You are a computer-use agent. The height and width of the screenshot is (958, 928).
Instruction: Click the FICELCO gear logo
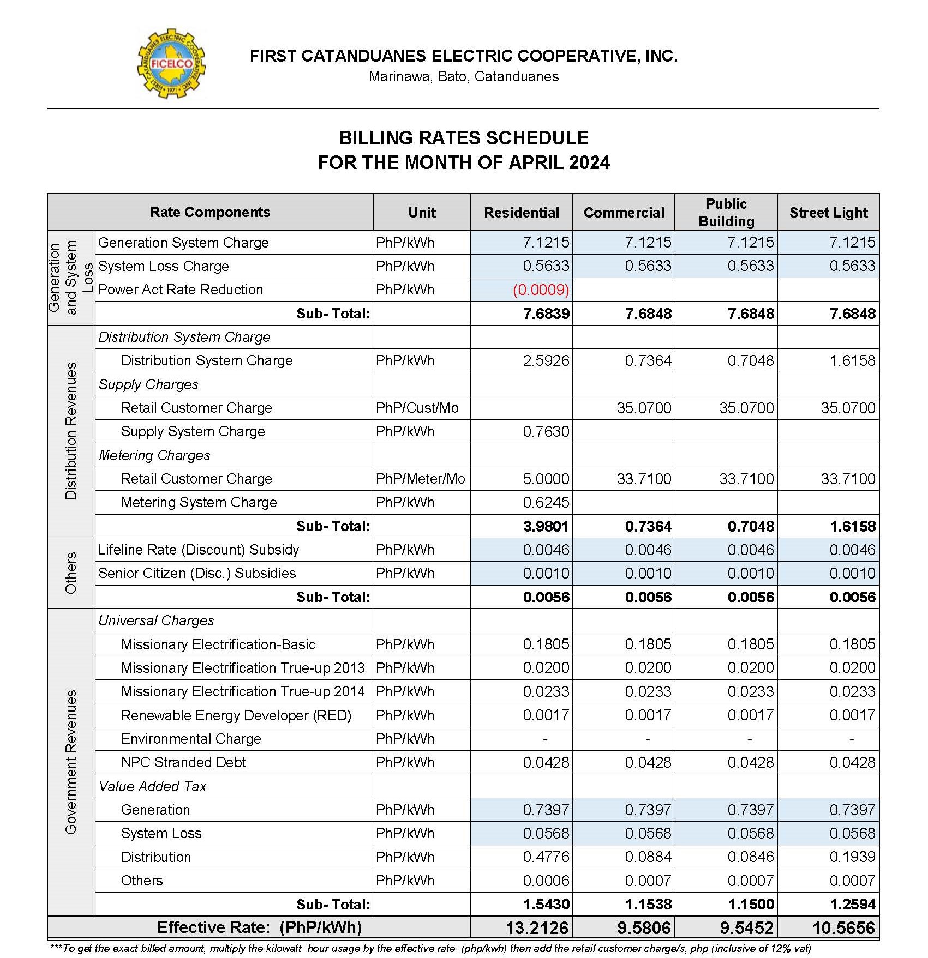pyautogui.click(x=171, y=64)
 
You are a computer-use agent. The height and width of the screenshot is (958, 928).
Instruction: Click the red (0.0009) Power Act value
pyautogui.click(x=541, y=290)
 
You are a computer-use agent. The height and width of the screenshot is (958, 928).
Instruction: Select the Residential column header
pyautogui.click(x=521, y=213)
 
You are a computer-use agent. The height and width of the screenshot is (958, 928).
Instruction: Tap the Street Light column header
pyautogui.click(x=828, y=213)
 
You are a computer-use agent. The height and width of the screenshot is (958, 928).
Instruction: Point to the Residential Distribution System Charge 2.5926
pyautogui.click(x=546, y=360)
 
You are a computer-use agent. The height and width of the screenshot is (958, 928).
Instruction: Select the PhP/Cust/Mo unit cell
pyautogui.click(x=417, y=408)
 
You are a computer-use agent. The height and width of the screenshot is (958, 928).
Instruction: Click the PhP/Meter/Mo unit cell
pyautogui.click(x=420, y=479)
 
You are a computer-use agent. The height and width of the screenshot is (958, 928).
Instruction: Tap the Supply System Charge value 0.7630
pyautogui.click(x=546, y=431)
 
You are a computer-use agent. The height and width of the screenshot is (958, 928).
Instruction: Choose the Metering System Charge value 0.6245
pyautogui.click(x=546, y=502)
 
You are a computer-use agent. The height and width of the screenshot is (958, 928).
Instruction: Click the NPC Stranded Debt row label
pyautogui.click(x=183, y=762)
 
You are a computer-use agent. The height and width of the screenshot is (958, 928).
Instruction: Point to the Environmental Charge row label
pyautogui.click(x=191, y=739)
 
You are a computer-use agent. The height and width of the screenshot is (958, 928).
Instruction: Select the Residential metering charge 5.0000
pyautogui.click(x=546, y=479)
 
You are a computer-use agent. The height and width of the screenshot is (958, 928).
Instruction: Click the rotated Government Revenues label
pyautogui.click(x=71, y=762)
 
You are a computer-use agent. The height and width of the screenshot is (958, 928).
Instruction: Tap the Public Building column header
pyautogui.click(x=726, y=213)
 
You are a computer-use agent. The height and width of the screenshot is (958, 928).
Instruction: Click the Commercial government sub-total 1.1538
pyautogui.click(x=648, y=904)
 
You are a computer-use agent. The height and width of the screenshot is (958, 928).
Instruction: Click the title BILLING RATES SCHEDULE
pyautogui.click(x=464, y=138)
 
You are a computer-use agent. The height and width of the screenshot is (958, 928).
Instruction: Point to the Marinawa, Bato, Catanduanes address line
pyautogui.click(x=464, y=76)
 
